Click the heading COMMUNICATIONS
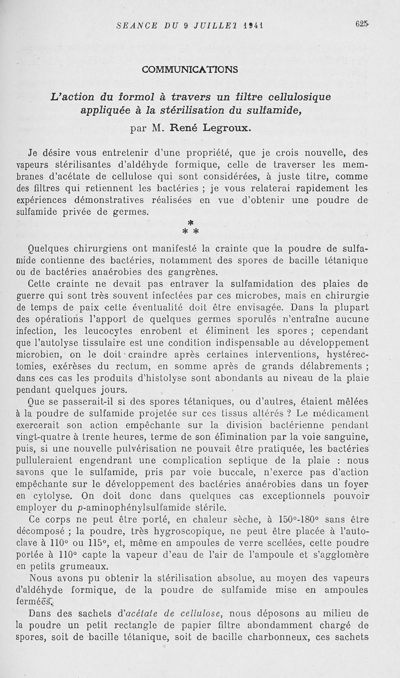point(190,69)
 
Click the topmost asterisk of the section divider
point(190,222)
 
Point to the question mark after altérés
point(289,413)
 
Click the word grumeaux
point(82,566)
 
